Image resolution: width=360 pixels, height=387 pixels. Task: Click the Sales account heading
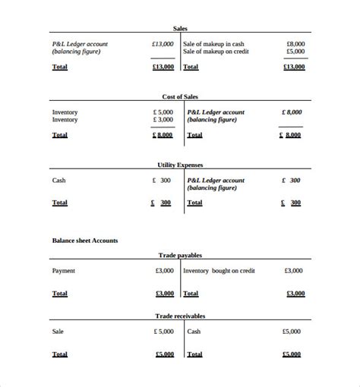180,28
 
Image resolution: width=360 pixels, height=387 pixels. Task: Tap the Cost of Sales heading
180,96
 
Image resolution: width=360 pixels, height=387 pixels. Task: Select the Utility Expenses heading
180,165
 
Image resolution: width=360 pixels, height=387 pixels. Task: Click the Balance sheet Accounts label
84,241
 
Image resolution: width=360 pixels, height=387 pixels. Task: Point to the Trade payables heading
180,256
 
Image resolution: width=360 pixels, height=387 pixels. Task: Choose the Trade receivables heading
180,316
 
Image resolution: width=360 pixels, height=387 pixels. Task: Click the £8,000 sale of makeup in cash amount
295,44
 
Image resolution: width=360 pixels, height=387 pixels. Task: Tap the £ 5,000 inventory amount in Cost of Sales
163,112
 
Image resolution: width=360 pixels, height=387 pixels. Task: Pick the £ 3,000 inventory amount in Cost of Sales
163,120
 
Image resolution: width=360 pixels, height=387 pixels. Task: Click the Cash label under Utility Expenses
58,181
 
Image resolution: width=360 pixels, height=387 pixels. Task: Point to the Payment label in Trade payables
63,271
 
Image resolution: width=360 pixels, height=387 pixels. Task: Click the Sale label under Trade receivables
58,332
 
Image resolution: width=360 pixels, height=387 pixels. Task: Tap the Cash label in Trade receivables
194,332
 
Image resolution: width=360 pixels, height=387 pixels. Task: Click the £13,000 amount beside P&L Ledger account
163,44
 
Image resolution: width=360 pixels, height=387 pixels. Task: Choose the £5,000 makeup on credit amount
295,52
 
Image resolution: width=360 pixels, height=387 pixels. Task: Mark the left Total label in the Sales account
59,67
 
